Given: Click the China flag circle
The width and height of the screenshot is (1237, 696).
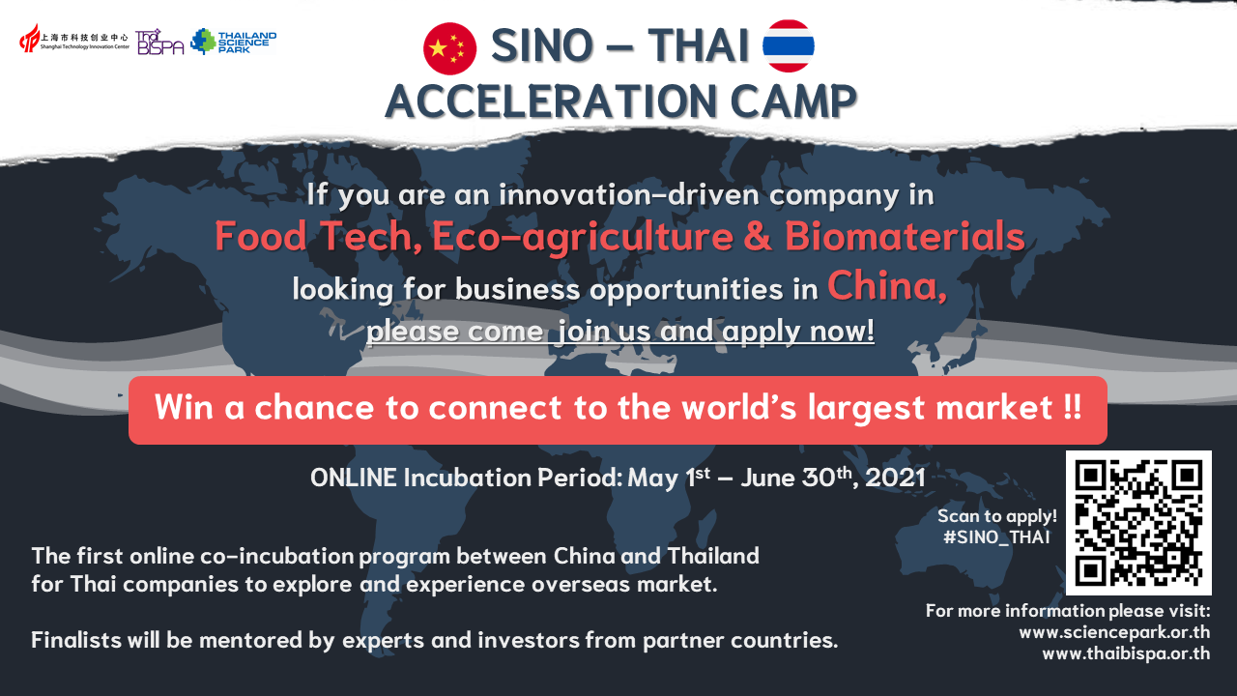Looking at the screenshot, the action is coord(449,48).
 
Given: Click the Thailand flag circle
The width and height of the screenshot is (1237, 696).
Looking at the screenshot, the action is coord(788,45).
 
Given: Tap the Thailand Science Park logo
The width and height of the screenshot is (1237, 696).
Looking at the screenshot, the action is coord(234,42).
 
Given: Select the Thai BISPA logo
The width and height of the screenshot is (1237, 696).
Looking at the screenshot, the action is coord(159,42).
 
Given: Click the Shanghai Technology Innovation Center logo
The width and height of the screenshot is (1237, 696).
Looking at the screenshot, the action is coord(74,39).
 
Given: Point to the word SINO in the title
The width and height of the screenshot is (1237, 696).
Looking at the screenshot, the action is coord(542,45).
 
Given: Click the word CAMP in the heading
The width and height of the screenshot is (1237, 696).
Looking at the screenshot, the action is coord(793,101).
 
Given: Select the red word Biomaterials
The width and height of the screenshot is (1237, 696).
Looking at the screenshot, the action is coord(905,237).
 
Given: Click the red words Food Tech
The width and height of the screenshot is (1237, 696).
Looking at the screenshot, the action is coord(319,237).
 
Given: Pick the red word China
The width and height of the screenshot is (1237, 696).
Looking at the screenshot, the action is coord(887,285).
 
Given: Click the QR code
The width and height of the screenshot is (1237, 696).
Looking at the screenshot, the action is coord(1138,523).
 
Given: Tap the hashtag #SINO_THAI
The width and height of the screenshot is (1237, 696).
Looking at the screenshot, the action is coord(996,536).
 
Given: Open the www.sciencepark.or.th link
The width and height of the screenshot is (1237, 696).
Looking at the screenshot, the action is coord(1114,632).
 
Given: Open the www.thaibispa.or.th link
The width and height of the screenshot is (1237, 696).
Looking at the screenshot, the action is coord(1126,653).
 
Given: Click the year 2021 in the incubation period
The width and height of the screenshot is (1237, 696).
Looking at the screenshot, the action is coord(895,478).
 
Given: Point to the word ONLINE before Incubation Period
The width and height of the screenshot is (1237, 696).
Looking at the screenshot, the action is coord(354,478).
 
